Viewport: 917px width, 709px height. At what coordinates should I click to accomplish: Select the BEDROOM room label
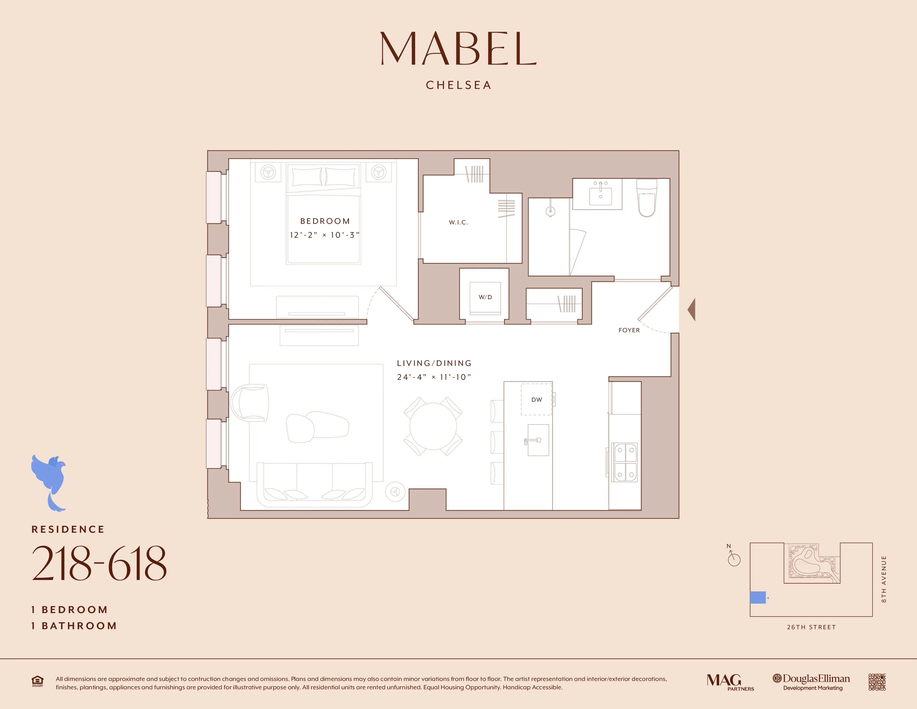[x=325, y=221]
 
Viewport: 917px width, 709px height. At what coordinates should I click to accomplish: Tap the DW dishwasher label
[x=537, y=400]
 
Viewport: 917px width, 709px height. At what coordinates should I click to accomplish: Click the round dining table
[x=433, y=426]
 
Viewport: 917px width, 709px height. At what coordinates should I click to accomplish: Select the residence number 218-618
[x=99, y=564]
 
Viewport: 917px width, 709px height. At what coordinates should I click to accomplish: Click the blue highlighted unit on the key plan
[x=757, y=597]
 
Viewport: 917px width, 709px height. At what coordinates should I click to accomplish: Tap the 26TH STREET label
[x=811, y=627]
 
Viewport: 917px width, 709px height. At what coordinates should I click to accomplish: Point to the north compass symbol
[x=734, y=559]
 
